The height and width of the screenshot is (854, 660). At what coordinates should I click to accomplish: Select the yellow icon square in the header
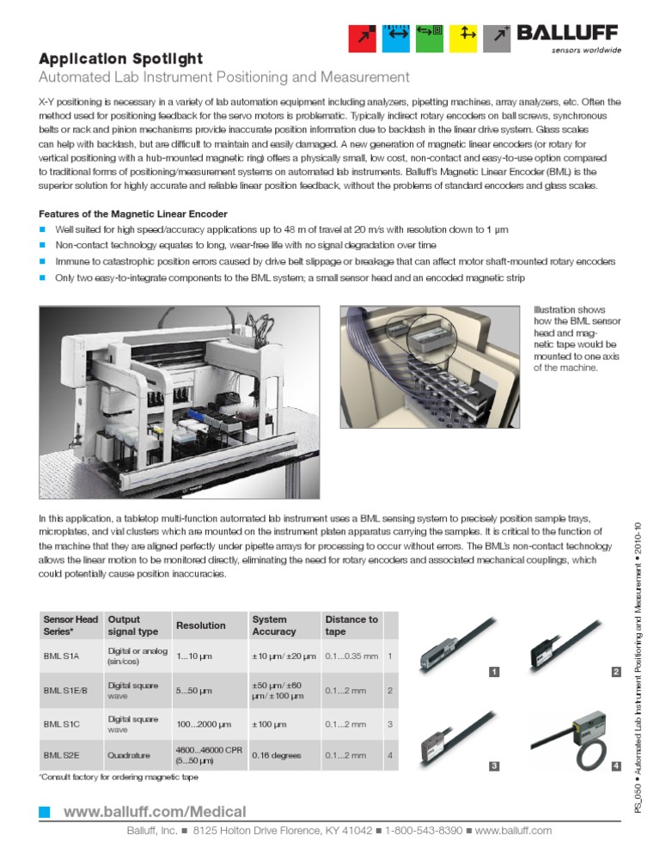(467, 36)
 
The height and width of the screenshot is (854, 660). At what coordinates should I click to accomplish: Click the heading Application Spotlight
(121, 59)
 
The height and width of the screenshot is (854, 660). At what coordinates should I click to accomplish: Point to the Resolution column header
(200, 625)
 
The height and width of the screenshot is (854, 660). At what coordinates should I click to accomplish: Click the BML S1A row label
(61, 656)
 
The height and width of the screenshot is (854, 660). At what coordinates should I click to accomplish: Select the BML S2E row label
(61, 755)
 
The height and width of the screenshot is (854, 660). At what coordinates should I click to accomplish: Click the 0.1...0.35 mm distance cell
(351, 656)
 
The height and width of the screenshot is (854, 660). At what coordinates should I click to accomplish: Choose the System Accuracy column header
(273, 625)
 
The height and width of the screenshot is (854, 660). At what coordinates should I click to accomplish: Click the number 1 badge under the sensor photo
(494, 671)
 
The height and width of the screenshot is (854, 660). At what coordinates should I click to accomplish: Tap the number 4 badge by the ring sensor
(615, 766)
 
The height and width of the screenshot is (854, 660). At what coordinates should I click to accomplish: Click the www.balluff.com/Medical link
(155, 812)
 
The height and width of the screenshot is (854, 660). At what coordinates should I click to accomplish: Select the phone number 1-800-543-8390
(424, 831)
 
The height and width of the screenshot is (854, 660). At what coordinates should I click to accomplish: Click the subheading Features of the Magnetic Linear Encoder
(133, 214)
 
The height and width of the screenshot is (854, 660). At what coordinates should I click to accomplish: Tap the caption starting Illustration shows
(570, 339)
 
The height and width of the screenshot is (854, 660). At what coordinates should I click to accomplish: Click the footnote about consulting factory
(119, 777)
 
